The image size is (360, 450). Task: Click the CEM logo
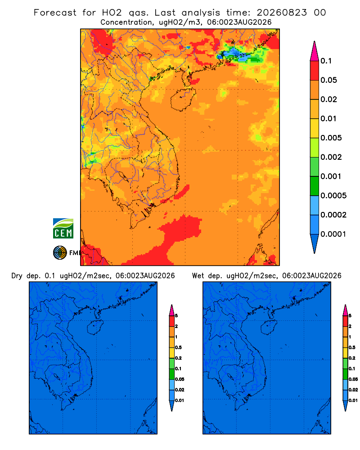click(x=63, y=228)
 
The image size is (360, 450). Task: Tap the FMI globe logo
click(x=60, y=252)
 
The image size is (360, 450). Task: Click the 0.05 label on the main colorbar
click(x=328, y=80)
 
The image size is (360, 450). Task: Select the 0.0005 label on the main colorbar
click(x=333, y=195)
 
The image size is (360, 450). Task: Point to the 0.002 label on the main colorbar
click(x=331, y=157)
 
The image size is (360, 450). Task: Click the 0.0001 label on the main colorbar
click(x=333, y=234)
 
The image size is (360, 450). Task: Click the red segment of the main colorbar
click(x=315, y=70)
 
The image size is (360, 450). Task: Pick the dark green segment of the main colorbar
click(x=315, y=186)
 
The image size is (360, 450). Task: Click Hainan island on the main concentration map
click(x=183, y=99)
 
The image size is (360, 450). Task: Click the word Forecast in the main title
click(x=55, y=13)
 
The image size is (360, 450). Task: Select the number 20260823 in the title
click(x=282, y=13)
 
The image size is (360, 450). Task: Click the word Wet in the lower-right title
click(x=198, y=276)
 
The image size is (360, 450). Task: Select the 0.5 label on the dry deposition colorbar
click(x=178, y=347)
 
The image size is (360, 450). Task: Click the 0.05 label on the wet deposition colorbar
click(x=353, y=379)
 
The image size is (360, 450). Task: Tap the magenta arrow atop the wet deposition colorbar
click(x=345, y=310)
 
